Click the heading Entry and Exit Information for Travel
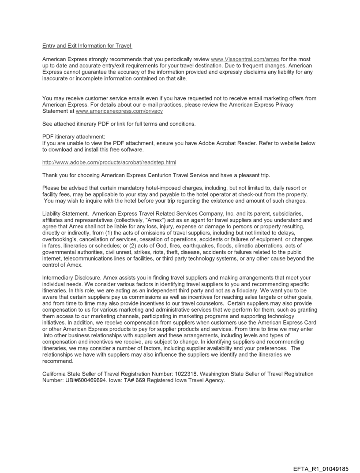pos(87,45)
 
